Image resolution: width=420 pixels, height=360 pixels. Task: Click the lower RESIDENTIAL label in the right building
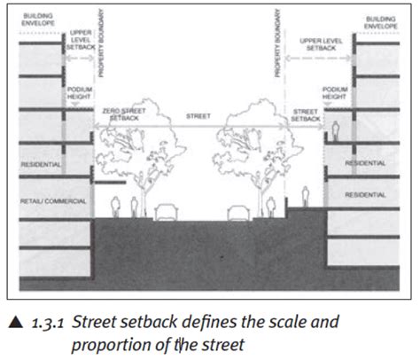(365, 193)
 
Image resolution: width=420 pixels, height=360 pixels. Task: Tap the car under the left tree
(165, 212)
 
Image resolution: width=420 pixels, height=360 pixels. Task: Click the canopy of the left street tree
(137, 142)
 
